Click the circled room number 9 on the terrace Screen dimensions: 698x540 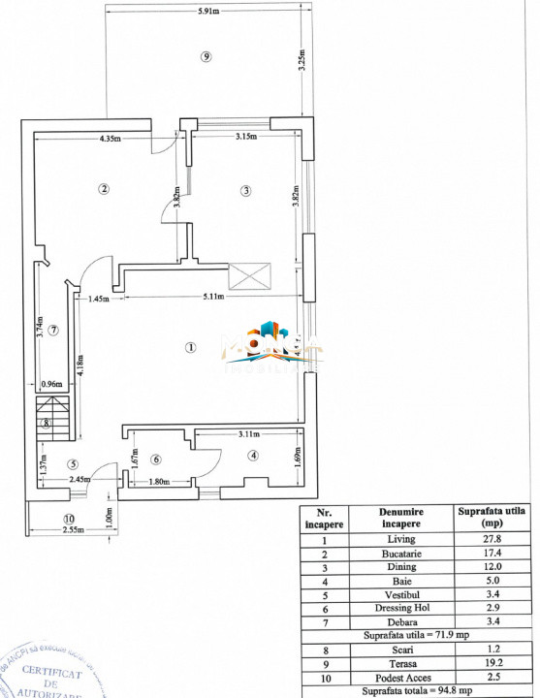tap(205, 56)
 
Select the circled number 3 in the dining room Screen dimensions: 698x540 tap(246, 190)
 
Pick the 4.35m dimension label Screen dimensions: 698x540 tap(109, 139)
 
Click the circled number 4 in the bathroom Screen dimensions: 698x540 tap(253, 455)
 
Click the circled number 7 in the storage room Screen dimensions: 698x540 tap(53, 330)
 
